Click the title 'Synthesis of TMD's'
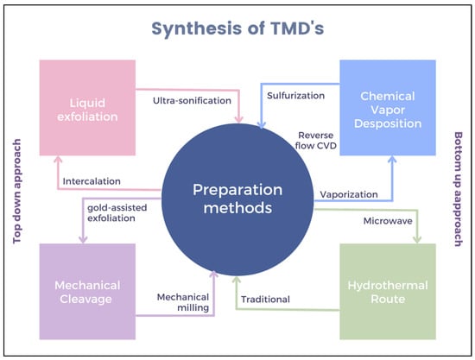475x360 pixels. pyautogui.click(x=237, y=28)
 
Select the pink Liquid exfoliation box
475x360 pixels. pyautogui.click(x=87, y=108)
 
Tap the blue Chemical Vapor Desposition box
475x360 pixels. pyautogui.click(x=388, y=108)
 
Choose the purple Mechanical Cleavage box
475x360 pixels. pyautogui.click(x=87, y=292)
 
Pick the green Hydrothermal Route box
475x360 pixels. pyautogui.click(x=388, y=292)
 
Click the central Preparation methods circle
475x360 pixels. pyautogui.click(x=237, y=199)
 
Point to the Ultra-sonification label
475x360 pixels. pyautogui.click(x=192, y=100)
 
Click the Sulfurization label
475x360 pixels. pyautogui.click(x=295, y=96)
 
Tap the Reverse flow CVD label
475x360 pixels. pyautogui.click(x=316, y=141)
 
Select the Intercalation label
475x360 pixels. pyautogui.click(x=92, y=181)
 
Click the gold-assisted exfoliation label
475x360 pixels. pyautogui.click(x=117, y=213)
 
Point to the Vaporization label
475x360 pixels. pyautogui.click(x=349, y=194)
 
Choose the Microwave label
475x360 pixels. pyautogui.click(x=388, y=221)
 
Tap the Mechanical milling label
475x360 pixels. pyautogui.click(x=183, y=302)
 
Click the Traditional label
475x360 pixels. pyautogui.click(x=265, y=300)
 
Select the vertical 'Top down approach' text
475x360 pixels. pyautogui.click(x=17, y=191)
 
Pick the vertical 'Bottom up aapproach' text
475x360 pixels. pyautogui.click(x=458, y=189)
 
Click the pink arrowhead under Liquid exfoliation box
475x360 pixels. pyautogui.click(x=58, y=161)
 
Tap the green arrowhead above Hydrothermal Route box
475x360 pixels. pyautogui.click(x=417, y=239)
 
